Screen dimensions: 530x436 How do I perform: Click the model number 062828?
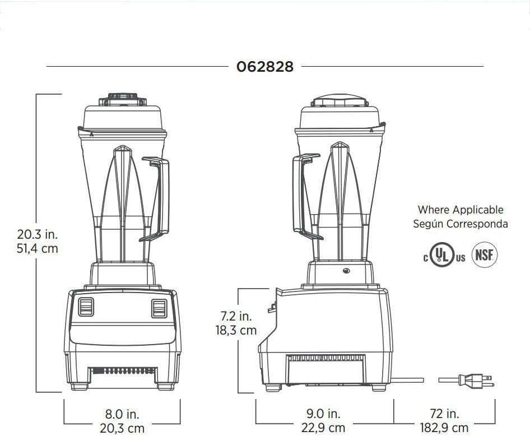tap(264, 67)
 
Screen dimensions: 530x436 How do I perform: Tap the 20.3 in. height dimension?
tap(38, 234)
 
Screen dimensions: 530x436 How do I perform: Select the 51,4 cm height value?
tap(38, 248)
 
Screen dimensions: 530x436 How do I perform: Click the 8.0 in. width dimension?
tap(122, 414)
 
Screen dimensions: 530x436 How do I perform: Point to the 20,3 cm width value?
tap(122, 428)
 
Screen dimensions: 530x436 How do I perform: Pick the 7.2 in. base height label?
tap(236, 316)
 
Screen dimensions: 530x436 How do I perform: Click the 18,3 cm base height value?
tap(236, 330)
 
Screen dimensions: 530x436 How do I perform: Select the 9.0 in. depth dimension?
tap(323, 413)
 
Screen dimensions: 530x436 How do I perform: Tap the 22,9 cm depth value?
tap(323, 428)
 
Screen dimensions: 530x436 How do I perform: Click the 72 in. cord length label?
tap(444, 413)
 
